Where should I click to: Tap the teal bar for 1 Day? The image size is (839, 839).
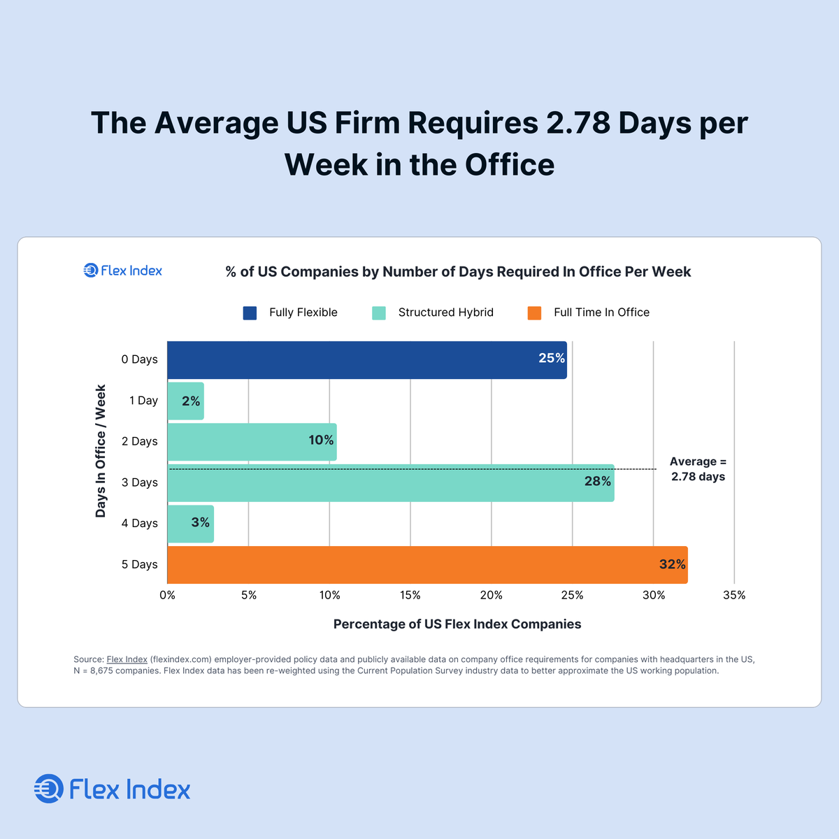[x=185, y=401]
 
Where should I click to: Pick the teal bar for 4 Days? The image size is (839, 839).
[x=190, y=524]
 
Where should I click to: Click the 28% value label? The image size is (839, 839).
[x=598, y=482]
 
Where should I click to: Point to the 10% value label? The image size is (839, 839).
[x=321, y=440]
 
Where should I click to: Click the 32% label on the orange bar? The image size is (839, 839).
[x=672, y=564]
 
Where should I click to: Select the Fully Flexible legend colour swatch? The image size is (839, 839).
[x=250, y=313]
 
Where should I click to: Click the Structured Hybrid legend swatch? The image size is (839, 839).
[x=379, y=313]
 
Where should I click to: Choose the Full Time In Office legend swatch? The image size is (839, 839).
[x=535, y=313]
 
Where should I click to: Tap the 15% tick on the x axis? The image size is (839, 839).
[x=410, y=596]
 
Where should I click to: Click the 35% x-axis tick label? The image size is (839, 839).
[x=734, y=596]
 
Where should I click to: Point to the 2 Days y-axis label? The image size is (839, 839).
[x=139, y=442]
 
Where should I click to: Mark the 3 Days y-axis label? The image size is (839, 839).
[x=139, y=482]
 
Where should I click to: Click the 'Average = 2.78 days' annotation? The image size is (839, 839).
[x=698, y=469]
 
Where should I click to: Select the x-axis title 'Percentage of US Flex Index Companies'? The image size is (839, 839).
[x=457, y=624]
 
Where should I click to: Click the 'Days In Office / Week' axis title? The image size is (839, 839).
[x=101, y=451]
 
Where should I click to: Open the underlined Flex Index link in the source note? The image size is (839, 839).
[x=127, y=659]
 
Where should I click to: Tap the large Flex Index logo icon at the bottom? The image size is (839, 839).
[x=49, y=789]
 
